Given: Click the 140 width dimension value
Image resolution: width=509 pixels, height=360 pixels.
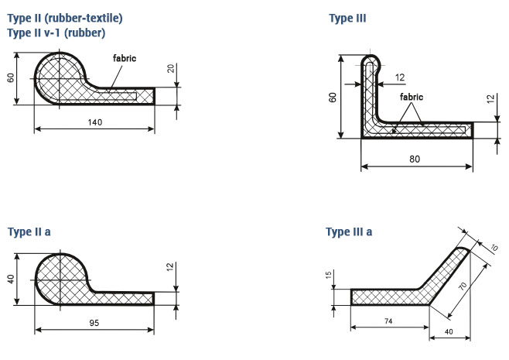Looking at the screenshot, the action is tap(95, 122).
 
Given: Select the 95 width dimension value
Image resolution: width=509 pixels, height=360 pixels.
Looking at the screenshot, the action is tap(94, 323).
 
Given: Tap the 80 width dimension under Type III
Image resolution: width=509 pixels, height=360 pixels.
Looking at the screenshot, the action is tap(415, 159).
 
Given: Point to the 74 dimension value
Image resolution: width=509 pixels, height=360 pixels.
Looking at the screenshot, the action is tap(388, 321).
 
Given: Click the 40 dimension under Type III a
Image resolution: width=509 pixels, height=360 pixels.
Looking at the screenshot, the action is tap(449, 331).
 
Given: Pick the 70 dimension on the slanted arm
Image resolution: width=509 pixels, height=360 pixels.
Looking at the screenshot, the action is tap(463, 286).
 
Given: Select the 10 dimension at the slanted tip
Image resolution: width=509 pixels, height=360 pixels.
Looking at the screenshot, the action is tap(494, 248).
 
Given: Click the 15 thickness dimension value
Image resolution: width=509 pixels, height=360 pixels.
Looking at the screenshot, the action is tap(329, 275).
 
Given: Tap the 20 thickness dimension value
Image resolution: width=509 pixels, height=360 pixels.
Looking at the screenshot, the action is tap(171, 68).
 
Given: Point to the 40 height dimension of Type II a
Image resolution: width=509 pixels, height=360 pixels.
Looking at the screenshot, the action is tap(11, 279).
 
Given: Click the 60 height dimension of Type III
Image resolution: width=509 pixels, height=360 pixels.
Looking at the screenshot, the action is tap(333, 98).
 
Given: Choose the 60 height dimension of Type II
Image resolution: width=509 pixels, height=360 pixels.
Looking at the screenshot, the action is tap(11, 78).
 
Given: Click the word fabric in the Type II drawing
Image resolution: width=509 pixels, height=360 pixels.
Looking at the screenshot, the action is tap(125, 58).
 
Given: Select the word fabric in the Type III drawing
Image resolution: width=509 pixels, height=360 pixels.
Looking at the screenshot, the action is tap(412, 97).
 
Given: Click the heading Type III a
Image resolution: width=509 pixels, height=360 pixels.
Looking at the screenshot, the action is tap(349, 232).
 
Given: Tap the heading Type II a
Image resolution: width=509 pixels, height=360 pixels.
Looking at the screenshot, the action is tap(29, 232).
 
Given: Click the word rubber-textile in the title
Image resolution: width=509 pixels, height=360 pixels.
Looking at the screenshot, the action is tap(83, 19).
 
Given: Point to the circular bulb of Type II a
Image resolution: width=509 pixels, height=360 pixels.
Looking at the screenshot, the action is tap(61, 279).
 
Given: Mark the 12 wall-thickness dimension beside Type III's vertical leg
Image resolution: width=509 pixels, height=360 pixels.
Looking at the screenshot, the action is tap(400, 77).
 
